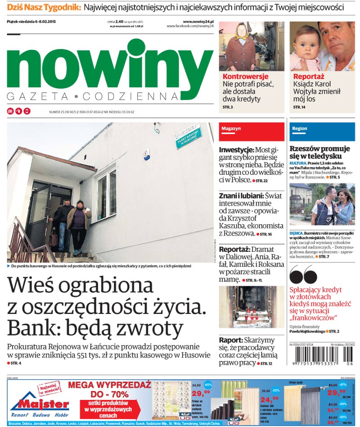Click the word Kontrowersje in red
[245, 77]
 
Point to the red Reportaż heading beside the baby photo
[309, 77]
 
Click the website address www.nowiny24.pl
[198, 21]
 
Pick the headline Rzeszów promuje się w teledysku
[319, 152]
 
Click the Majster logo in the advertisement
[39, 404]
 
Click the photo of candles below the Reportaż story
[251, 307]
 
